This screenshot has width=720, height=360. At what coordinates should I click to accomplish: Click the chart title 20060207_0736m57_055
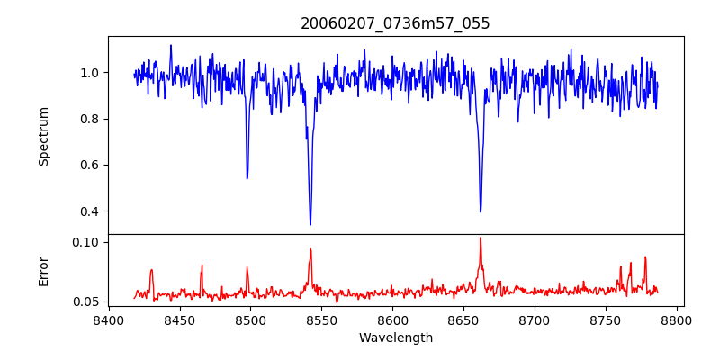(395, 23)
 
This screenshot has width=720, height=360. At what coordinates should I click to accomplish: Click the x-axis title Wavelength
(395, 338)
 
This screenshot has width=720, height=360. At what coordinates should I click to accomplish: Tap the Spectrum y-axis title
(44, 136)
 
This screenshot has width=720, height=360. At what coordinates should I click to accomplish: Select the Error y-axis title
(44, 271)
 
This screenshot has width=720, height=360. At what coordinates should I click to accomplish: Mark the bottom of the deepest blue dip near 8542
(310, 224)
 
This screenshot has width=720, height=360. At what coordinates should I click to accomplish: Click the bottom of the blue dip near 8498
(247, 178)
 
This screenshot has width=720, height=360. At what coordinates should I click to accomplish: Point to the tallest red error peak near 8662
(481, 238)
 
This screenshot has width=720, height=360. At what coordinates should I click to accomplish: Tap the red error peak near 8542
(310, 250)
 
